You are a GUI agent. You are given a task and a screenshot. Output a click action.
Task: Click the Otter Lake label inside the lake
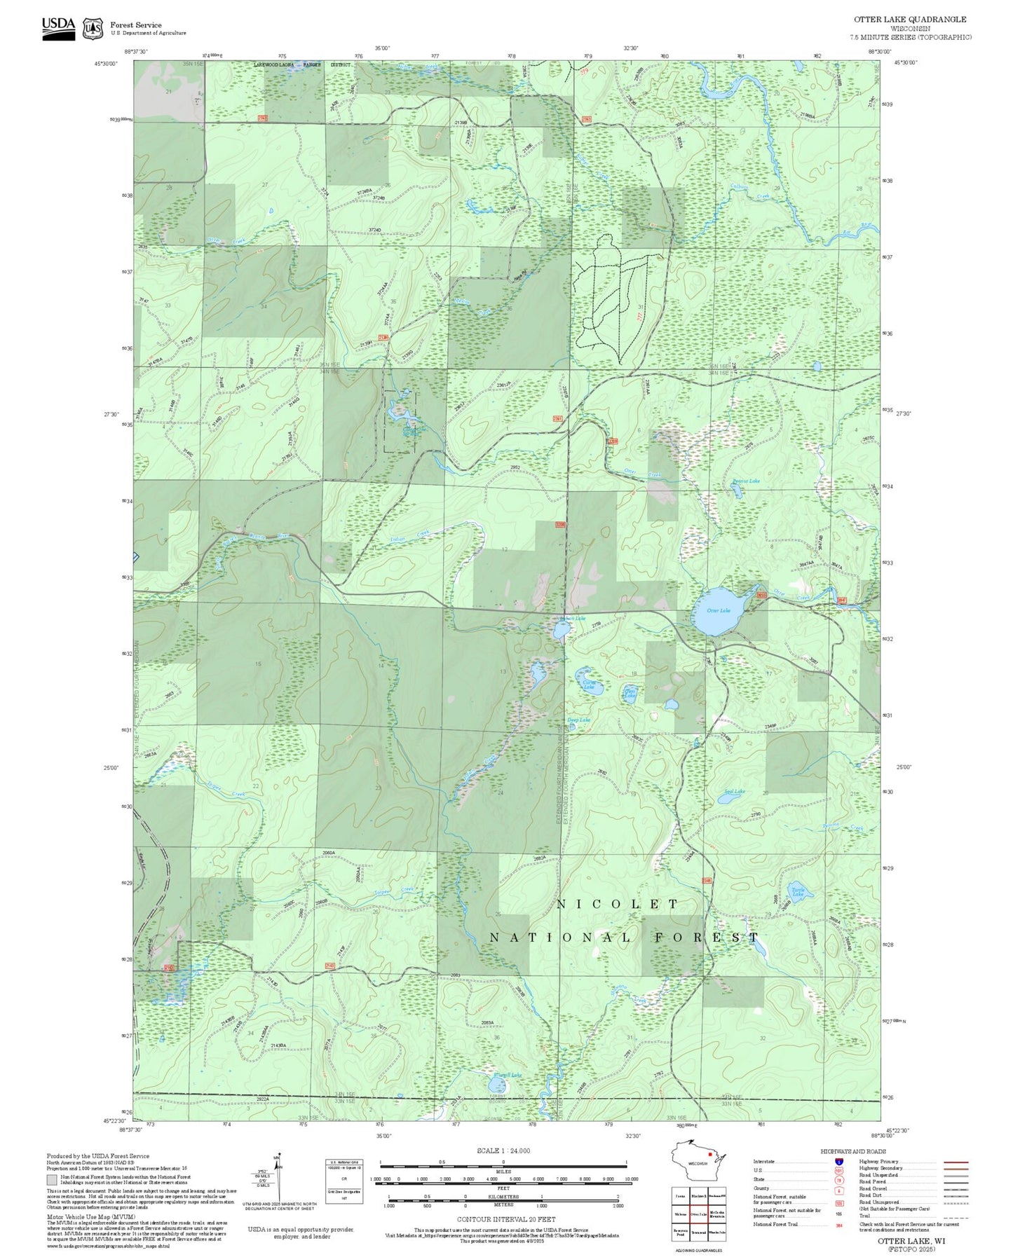(718, 610)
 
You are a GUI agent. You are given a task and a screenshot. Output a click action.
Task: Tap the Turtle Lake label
(798, 892)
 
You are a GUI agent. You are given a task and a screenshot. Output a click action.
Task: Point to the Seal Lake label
(735, 792)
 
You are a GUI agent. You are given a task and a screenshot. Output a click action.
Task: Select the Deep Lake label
(578, 720)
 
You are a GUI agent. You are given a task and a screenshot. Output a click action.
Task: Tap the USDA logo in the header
(58, 27)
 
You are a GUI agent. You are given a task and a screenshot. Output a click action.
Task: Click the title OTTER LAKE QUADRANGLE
(910, 20)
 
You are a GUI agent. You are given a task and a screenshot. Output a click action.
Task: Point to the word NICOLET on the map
(618, 905)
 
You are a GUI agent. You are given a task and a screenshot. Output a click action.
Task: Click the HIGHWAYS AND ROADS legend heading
(853, 1151)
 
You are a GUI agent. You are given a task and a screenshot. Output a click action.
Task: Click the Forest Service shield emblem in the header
(93, 29)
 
